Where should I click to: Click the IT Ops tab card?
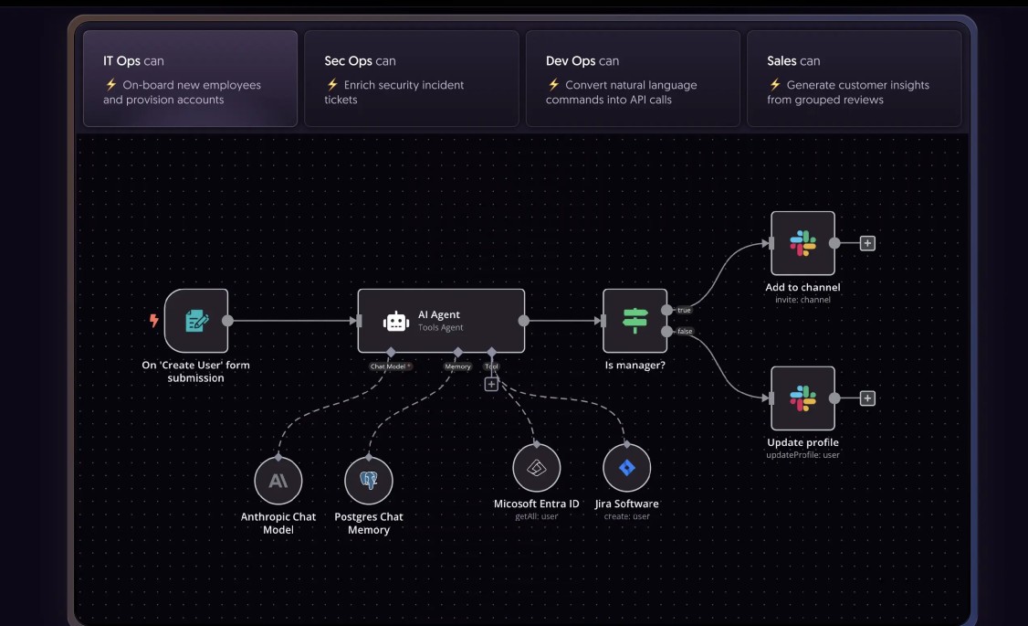click(190, 79)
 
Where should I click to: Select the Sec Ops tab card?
click(411, 79)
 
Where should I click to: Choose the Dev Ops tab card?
click(633, 79)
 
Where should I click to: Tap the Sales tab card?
click(854, 79)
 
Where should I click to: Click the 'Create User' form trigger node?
click(196, 321)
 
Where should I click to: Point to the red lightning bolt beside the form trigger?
click(153, 321)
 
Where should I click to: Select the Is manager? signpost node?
click(635, 321)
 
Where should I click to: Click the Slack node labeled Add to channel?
click(802, 243)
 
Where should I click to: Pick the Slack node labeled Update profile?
click(802, 398)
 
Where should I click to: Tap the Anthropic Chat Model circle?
click(278, 480)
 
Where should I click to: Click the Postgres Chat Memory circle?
click(369, 480)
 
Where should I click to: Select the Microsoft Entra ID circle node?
click(537, 468)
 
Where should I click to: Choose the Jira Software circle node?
click(626, 468)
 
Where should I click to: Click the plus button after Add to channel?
click(867, 243)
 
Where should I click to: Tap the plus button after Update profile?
click(867, 398)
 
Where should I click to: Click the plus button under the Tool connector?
click(491, 385)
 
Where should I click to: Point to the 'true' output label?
click(684, 311)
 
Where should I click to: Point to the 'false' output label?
click(685, 331)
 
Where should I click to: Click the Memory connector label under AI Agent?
click(457, 366)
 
